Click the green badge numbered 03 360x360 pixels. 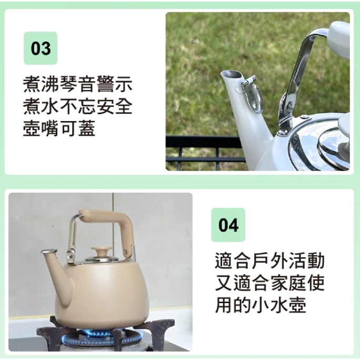click(x=41, y=48)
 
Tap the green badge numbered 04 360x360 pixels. click(x=228, y=225)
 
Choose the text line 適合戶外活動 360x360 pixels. click(x=269, y=261)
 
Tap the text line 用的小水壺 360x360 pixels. click(x=261, y=305)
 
